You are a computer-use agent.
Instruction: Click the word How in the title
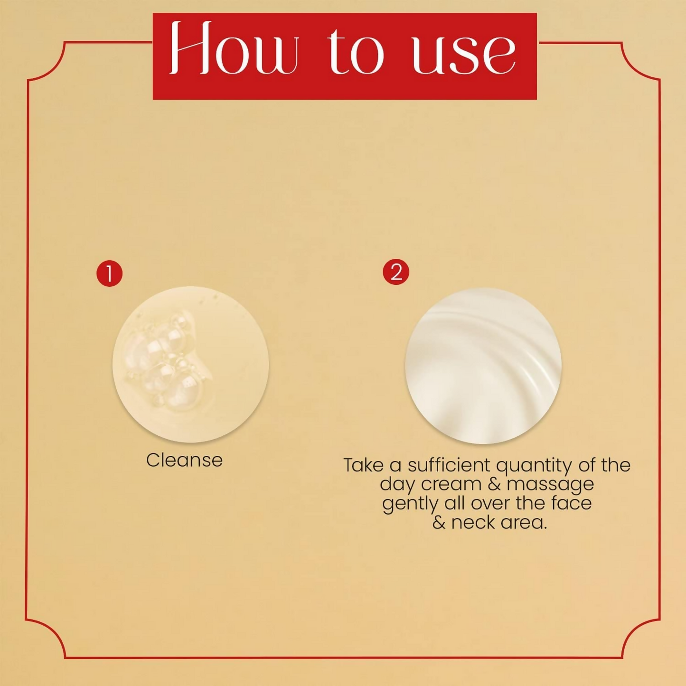tap(234, 49)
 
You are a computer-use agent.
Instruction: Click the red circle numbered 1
tap(110, 273)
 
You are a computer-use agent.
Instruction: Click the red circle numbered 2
tap(396, 272)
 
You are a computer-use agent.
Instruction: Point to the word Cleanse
tap(184, 460)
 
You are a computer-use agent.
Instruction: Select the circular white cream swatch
tap(483, 366)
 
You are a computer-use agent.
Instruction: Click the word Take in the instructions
tap(363, 465)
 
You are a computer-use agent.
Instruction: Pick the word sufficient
tap(449, 465)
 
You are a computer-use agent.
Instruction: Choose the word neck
tap(472, 523)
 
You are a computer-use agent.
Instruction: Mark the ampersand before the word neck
tap(439, 523)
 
